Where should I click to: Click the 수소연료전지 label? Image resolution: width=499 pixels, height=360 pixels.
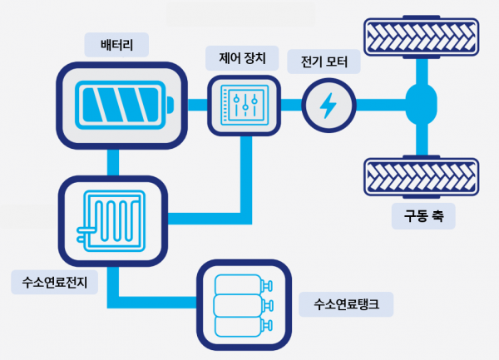point(55,283)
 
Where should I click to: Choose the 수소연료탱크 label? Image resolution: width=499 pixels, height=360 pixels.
point(346,304)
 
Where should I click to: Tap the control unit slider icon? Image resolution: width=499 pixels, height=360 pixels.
point(244,105)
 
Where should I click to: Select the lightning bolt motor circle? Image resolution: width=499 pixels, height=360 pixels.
point(329,105)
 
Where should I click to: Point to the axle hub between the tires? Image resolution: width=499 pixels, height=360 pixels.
point(421,105)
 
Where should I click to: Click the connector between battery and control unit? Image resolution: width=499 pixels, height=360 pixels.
point(196,105)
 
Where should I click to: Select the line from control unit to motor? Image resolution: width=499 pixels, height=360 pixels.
point(289,105)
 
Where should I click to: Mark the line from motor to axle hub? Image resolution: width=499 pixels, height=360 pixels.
point(381,105)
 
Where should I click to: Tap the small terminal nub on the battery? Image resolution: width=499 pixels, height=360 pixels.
point(170,105)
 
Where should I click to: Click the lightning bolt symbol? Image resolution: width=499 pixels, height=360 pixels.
point(329,105)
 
